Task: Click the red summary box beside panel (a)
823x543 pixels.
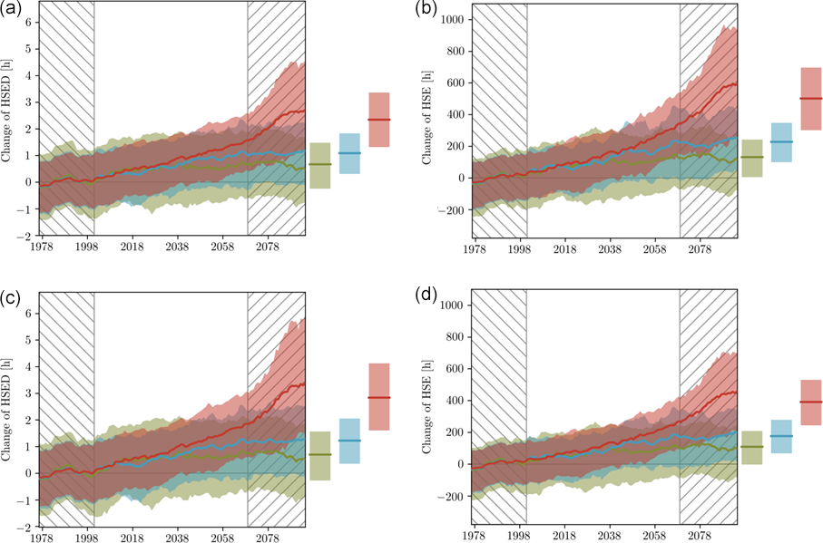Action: [378, 120]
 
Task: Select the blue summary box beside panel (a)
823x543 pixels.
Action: [349, 153]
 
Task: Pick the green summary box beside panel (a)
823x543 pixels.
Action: [319, 165]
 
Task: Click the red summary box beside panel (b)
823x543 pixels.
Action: [810, 98]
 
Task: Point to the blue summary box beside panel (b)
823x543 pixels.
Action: [781, 142]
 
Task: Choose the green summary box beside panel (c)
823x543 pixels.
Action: [319, 455]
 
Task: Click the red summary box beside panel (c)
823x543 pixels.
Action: [378, 397]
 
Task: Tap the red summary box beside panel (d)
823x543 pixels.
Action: [810, 402]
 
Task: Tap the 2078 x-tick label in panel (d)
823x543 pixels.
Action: [700, 537]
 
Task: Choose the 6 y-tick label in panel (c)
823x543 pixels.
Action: [28, 313]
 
